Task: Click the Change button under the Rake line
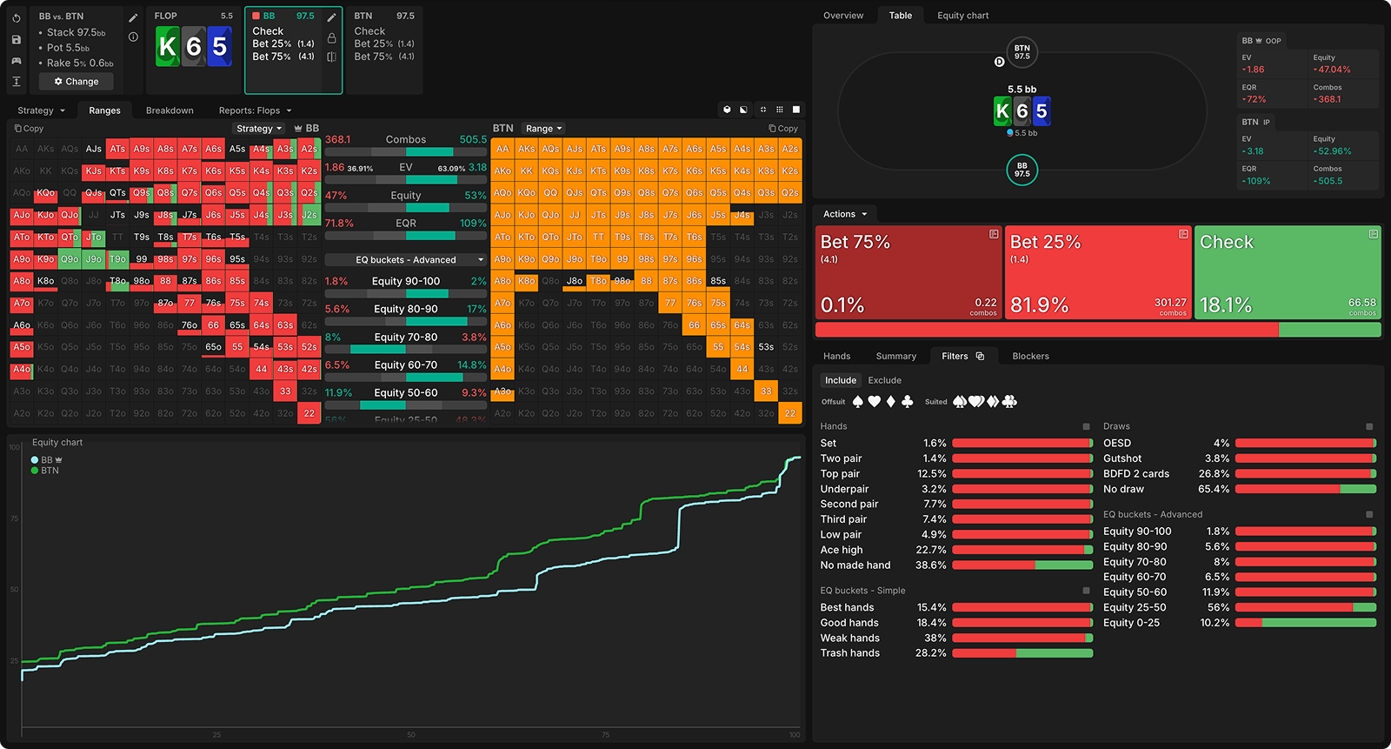tap(77, 82)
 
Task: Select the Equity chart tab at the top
tap(962, 16)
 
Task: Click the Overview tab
tap(842, 16)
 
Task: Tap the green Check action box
tap(1287, 272)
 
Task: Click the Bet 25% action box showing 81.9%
tap(1097, 272)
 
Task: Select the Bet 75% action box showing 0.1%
tap(908, 272)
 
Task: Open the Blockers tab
tap(1030, 356)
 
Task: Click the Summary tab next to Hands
tap(895, 356)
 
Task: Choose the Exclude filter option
tap(884, 380)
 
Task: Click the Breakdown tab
tap(170, 110)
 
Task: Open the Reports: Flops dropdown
tap(255, 110)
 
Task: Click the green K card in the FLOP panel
tap(168, 47)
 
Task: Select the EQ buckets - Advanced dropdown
tap(406, 260)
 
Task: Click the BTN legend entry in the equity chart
tap(50, 471)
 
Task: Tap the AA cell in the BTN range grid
tap(502, 149)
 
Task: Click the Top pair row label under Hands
tap(840, 474)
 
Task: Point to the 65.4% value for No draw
tap(1214, 489)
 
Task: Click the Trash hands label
tap(849, 653)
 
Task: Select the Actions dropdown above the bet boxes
tap(845, 214)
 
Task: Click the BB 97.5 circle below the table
tap(1022, 170)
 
